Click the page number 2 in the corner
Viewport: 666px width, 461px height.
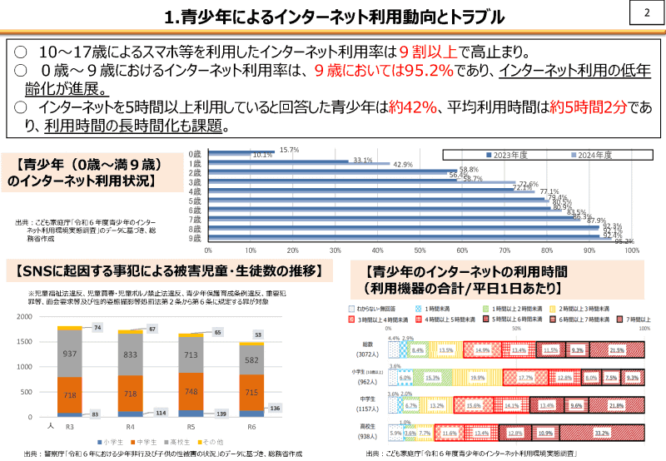coord(647,14)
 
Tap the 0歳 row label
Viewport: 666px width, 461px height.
coord(194,153)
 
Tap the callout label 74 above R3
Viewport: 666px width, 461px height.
coord(97,328)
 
